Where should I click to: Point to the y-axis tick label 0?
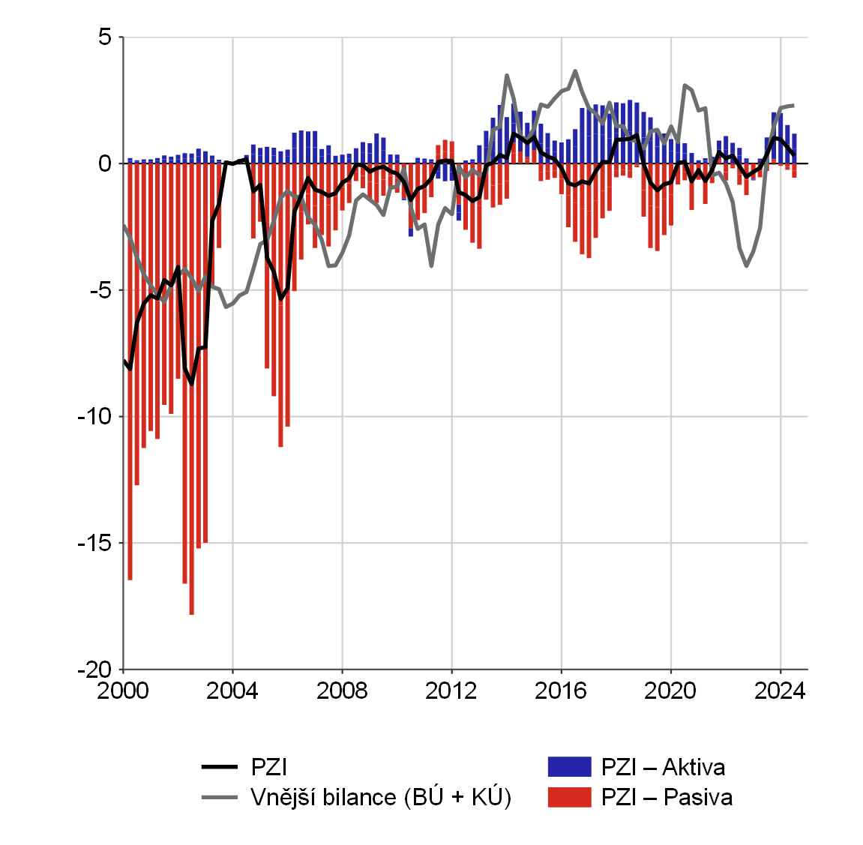click(x=105, y=163)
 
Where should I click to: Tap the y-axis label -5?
click(x=99, y=290)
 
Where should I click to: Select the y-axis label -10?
click(x=94, y=416)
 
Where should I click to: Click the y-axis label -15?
click(x=94, y=543)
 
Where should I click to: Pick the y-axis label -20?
click(x=94, y=670)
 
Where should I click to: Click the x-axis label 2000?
click(x=123, y=691)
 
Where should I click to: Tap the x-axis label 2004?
click(x=232, y=691)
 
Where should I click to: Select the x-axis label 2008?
click(x=342, y=691)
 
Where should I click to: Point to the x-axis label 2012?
click(x=451, y=691)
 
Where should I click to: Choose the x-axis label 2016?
click(x=561, y=691)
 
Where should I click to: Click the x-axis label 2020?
click(x=670, y=691)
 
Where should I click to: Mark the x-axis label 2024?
click(x=780, y=691)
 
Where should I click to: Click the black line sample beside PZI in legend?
click(x=220, y=767)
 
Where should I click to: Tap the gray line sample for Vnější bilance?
click(x=220, y=796)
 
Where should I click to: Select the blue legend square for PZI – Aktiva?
click(x=569, y=767)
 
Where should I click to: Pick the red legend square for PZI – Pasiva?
click(x=569, y=796)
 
